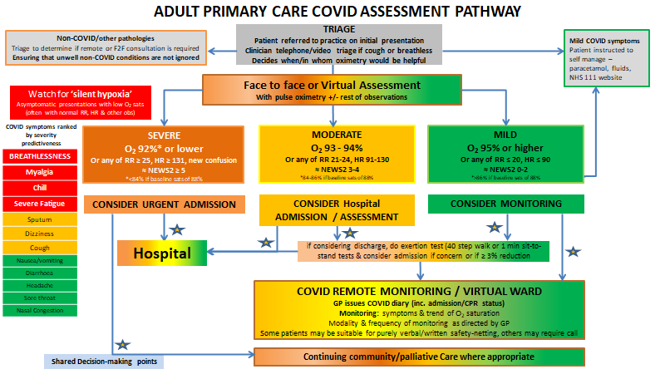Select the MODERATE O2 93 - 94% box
coord(335,154)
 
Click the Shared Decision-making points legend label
coord(99,361)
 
